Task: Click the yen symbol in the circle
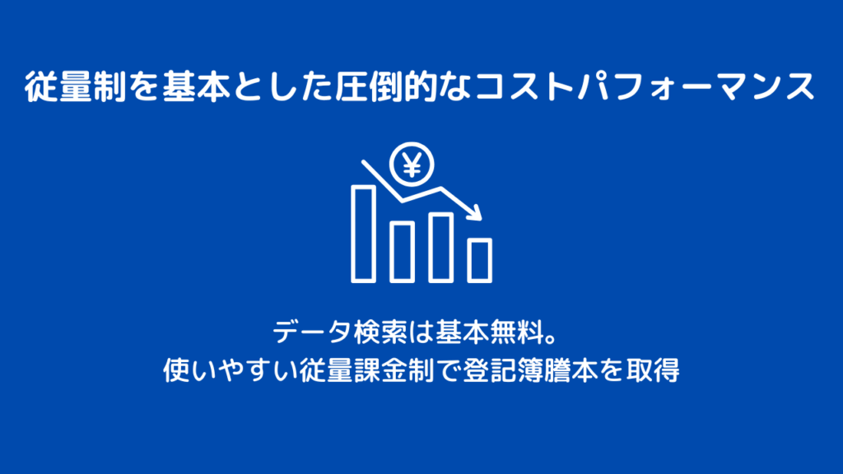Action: point(412,165)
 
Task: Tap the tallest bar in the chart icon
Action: point(363,234)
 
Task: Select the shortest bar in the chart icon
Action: point(480,261)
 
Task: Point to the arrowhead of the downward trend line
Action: point(475,213)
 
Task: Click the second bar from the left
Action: point(402,252)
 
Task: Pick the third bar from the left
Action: point(441,247)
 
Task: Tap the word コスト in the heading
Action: point(525,86)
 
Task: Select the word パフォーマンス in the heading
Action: point(696,86)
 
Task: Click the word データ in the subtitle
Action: point(312,332)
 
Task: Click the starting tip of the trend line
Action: point(363,161)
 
